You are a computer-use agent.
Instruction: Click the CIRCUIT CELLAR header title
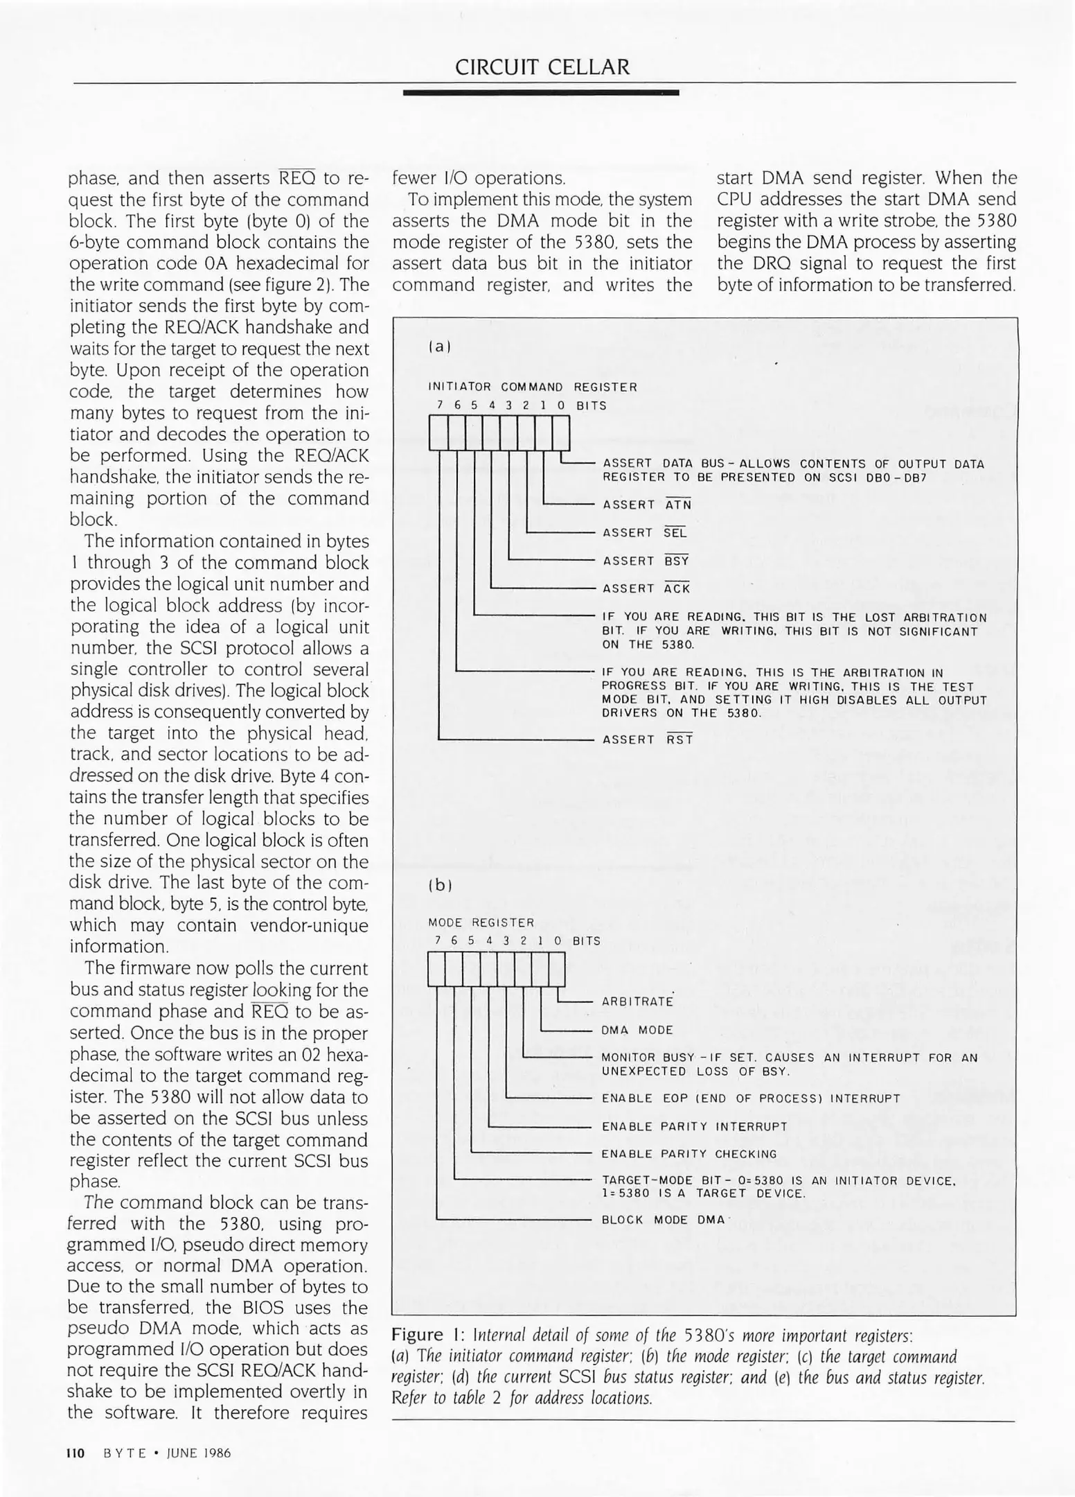pos(542,67)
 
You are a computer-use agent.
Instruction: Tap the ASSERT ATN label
pos(646,505)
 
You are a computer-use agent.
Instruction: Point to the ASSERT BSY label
pos(646,561)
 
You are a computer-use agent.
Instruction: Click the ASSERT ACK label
pos(646,588)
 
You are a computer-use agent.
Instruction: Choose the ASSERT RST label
pos(647,739)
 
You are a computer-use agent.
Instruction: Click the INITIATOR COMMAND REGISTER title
pos(532,387)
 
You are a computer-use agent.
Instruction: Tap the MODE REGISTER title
pos(481,922)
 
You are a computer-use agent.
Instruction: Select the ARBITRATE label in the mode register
pos(637,1001)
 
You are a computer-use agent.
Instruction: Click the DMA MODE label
pos(637,1030)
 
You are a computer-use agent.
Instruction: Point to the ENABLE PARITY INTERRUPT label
pos(694,1126)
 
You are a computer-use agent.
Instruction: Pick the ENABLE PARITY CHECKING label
pos(688,1154)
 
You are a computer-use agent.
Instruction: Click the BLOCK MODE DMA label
pos(662,1220)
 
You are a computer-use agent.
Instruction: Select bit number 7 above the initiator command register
pos(439,405)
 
